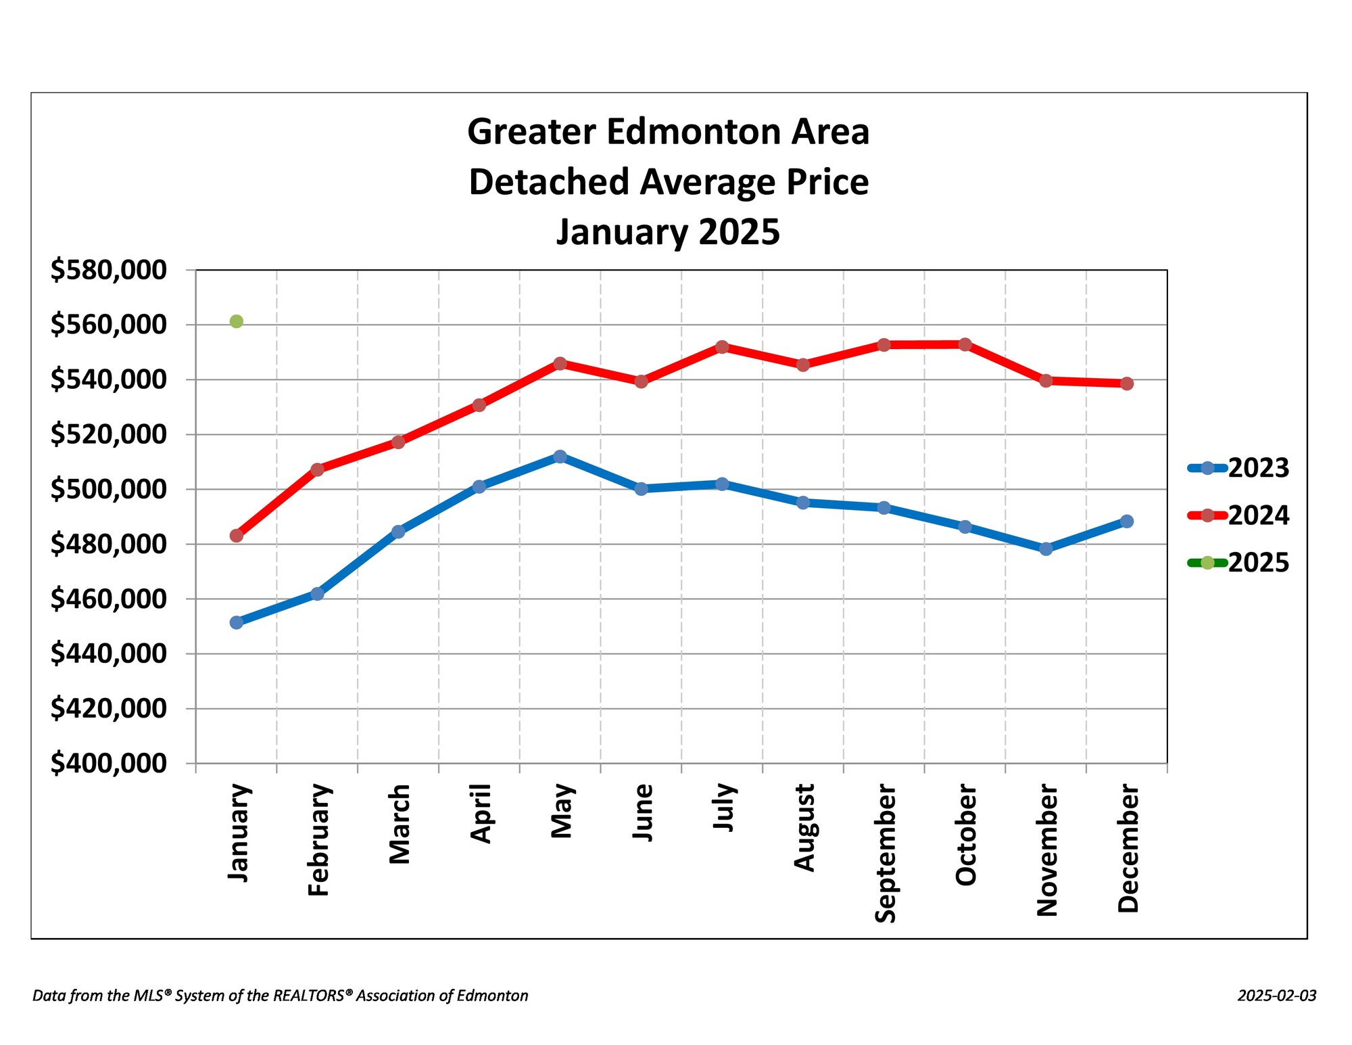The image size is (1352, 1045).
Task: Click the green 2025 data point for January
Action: pos(237,321)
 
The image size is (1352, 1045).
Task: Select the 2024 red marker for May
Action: pos(560,363)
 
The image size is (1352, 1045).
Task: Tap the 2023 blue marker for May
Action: pos(560,457)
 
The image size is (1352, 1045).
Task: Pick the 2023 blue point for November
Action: pos(1046,549)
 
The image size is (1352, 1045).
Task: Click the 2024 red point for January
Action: pos(237,536)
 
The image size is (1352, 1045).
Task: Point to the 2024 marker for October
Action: pos(965,344)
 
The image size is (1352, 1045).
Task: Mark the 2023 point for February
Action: pos(317,594)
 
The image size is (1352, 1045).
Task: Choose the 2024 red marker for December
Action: pos(1127,384)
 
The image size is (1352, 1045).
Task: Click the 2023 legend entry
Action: pos(1238,468)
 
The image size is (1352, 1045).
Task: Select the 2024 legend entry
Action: pos(1238,515)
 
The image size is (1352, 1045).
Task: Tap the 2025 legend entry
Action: pos(1238,563)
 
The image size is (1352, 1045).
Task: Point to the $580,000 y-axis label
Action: pos(108,270)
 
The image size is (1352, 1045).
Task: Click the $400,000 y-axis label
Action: pos(108,763)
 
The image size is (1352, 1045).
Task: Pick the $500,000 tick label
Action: pos(108,489)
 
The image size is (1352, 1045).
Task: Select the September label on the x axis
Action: pos(885,853)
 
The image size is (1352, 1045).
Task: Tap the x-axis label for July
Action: pos(723,808)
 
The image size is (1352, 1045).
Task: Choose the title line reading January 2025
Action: pos(668,232)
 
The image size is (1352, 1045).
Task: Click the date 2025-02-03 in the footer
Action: pos(1276,996)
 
